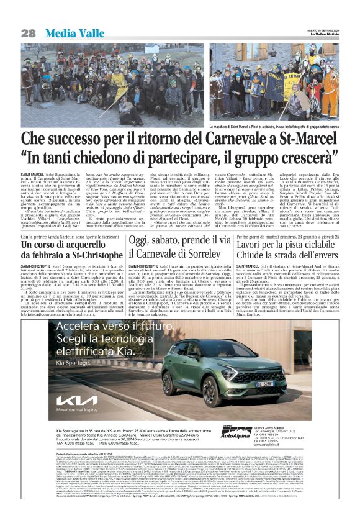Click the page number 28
[28, 32]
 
